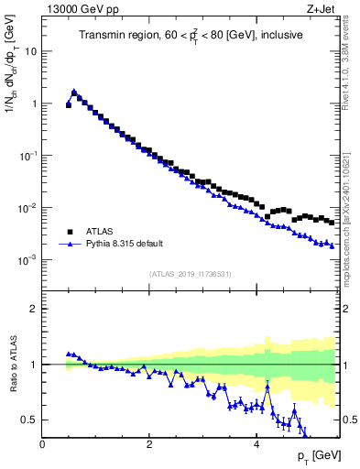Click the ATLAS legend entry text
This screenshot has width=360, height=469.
click(100, 232)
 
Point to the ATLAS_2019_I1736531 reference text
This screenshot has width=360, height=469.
click(189, 274)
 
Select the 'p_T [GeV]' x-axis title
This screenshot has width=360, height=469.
click(314, 455)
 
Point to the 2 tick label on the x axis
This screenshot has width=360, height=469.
click(148, 444)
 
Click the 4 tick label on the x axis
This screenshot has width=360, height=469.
click(256, 444)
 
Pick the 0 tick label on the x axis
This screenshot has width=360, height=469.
click(42, 444)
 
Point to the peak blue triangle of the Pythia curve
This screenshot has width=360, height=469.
click(74, 92)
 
